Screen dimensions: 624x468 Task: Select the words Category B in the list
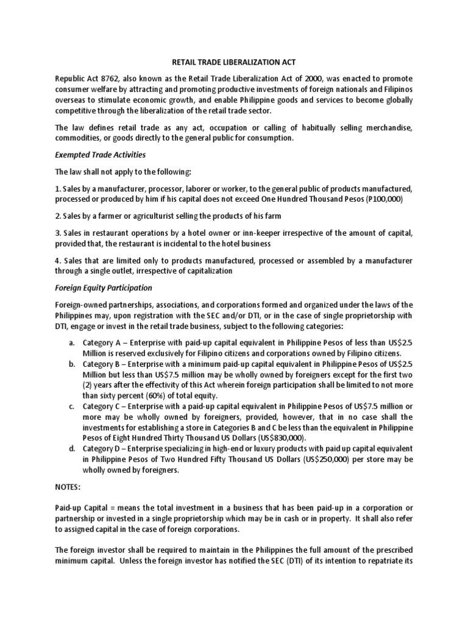coord(102,364)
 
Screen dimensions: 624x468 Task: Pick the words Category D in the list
coord(102,448)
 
